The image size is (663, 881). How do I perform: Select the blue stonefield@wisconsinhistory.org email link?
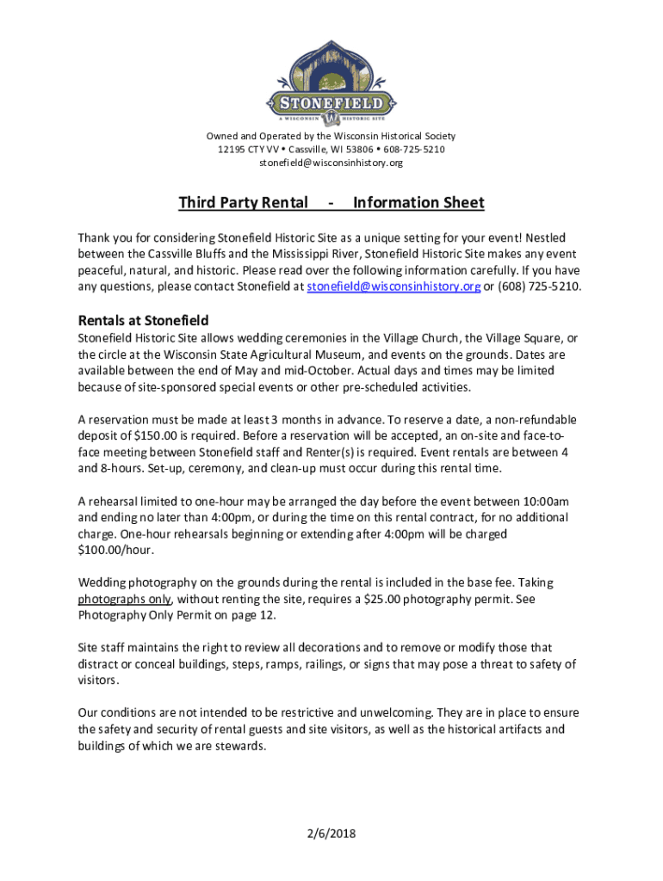tap(393, 286)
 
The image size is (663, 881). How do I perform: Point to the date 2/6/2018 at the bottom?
tap(331, 834)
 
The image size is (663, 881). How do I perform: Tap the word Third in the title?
tap(197, 203)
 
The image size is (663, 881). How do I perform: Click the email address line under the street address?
tap(331, 163)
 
